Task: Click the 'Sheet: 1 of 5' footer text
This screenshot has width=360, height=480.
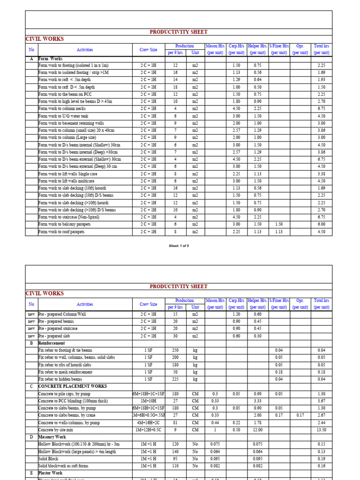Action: [179, 246]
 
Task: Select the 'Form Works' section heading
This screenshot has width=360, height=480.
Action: [50, 59]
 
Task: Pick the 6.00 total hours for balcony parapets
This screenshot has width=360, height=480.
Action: [321, 225]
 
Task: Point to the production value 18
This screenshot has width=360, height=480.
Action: [175, 87]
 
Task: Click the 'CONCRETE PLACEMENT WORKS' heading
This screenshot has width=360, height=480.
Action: [73, 387]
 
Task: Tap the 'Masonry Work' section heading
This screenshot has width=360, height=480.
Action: [52, 437]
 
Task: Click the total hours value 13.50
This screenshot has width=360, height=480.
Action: [321, 430]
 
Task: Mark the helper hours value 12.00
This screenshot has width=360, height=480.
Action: [258, 430]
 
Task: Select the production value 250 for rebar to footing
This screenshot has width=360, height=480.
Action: [175, 351]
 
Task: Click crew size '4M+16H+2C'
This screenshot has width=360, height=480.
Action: [148, 423]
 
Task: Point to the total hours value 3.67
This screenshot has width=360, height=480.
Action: [321, 401]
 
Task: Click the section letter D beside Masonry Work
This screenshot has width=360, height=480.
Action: [31, 437]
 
